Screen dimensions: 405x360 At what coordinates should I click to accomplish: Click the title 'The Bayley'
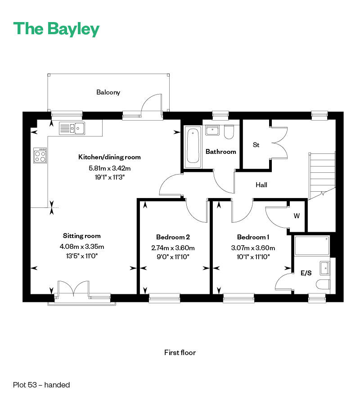(56, 29)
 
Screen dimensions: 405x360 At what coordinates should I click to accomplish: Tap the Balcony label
(108, 92)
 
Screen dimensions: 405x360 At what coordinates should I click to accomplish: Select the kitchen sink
(72, 128)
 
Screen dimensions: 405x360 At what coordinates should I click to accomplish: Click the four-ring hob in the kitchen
(40, 155)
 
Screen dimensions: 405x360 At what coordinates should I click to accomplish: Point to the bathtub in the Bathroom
(193, 145)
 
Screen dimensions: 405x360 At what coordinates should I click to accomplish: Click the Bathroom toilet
(229, 132)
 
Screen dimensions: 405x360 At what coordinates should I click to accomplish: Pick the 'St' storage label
(256, 145)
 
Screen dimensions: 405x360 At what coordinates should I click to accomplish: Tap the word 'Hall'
(262, 184)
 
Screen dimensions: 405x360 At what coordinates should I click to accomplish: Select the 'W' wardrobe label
(297, 216)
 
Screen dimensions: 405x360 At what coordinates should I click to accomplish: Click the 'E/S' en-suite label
(306, 273)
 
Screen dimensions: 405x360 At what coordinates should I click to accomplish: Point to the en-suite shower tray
(311, 245)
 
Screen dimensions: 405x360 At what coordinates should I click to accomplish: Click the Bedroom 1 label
(253, 237)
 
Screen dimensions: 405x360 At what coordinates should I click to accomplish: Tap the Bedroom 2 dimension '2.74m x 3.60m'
(173, 247)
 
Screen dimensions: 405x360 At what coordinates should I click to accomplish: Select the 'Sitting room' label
(81, 236)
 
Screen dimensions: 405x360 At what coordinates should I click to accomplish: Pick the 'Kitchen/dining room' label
(109, 157)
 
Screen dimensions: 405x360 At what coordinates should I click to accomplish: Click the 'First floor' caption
(180, 352)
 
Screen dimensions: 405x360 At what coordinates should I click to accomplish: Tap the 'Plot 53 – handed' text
(41, 385)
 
